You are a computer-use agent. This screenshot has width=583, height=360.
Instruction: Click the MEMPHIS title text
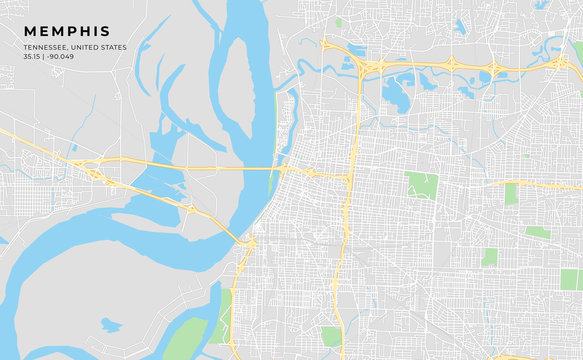[68, 31]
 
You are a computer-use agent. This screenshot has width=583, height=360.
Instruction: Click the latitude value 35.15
[33, 56]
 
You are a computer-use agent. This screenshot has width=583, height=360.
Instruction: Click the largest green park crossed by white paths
[421, 185]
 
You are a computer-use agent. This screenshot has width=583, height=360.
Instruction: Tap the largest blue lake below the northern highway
[396, 92]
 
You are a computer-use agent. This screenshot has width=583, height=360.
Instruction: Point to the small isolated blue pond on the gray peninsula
[110, 324]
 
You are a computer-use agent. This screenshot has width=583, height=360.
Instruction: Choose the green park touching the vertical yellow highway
[331, 336]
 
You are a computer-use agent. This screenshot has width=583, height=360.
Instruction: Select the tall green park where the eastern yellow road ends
[511, 193]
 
